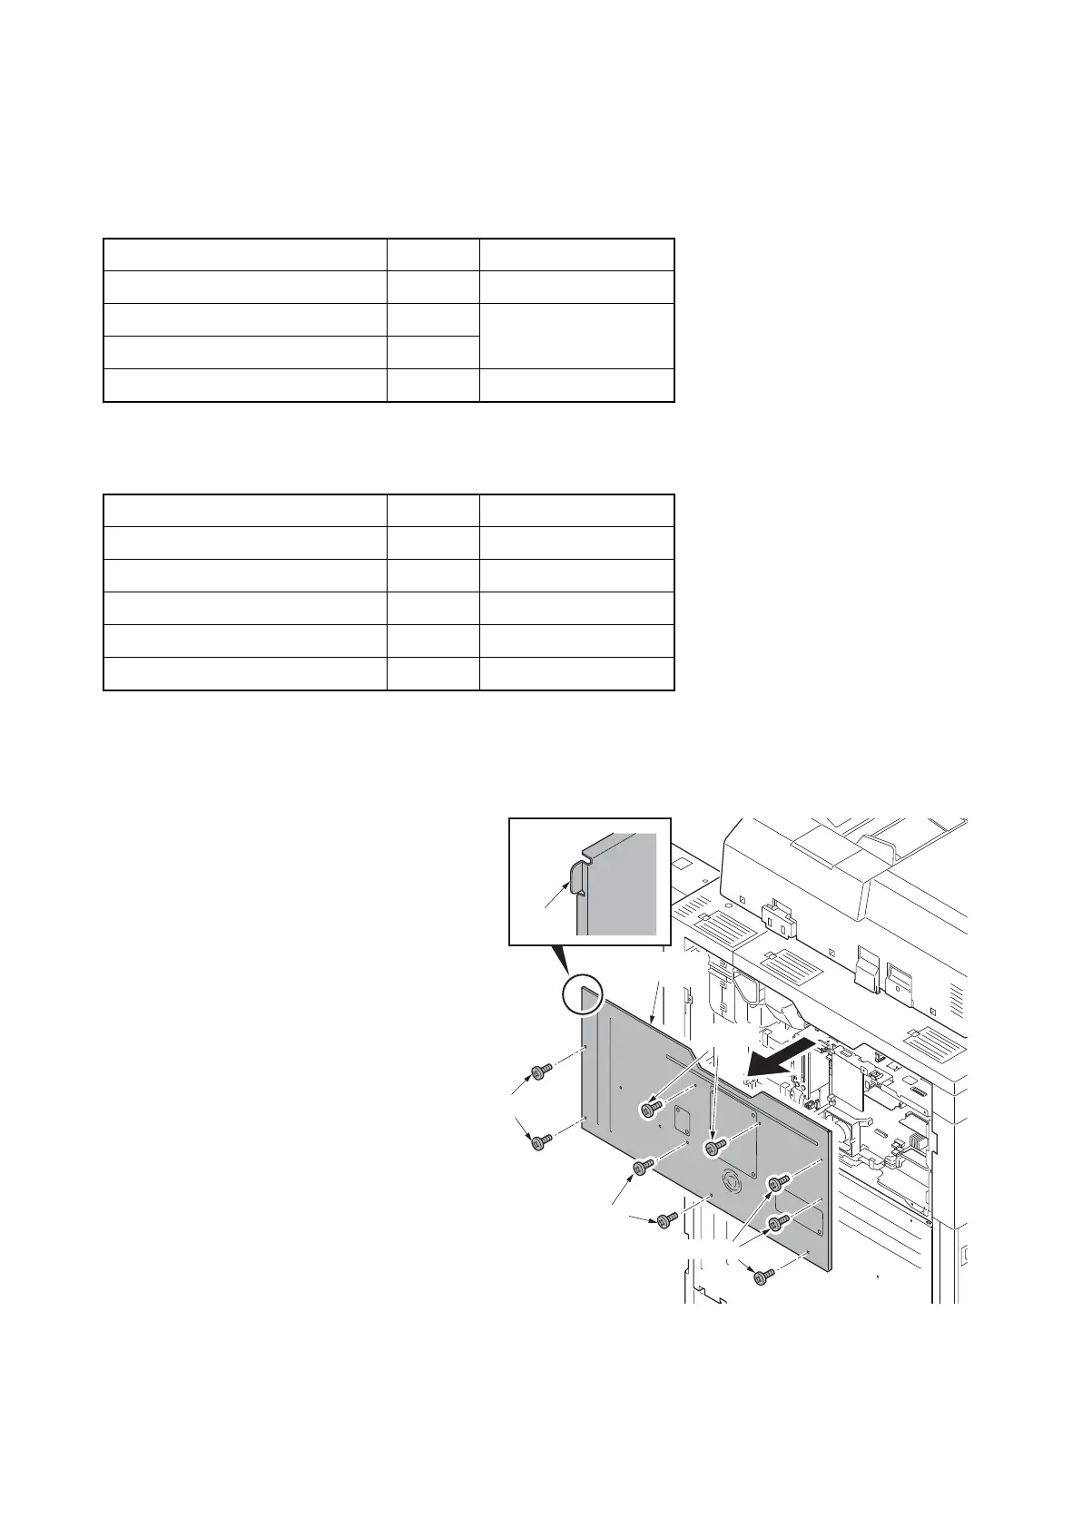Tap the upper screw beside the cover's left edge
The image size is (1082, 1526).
coord(543,1072)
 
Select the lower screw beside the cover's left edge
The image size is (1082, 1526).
coord(542,1140)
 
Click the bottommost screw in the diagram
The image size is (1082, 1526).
coord(764,1277)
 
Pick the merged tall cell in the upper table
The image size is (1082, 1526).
coord(576,336)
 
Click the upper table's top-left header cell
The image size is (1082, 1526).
coord(245,254)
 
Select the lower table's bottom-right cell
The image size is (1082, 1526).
coord(576,674)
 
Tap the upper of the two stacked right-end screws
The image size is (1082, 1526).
coord(778,1183)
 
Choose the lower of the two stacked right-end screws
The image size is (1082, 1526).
coord(776,1224)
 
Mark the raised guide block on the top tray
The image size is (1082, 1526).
coord(868,850)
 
